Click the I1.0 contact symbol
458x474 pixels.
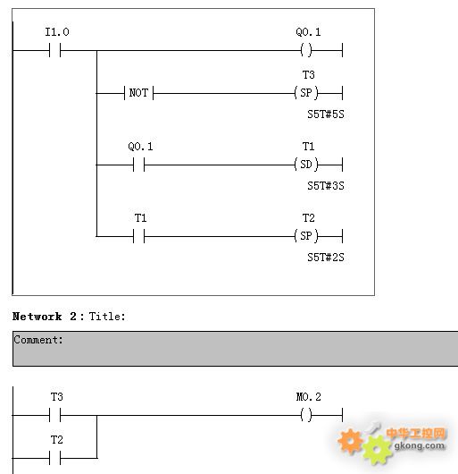[x=55, y=50]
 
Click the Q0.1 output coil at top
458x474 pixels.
[x=306, y=50]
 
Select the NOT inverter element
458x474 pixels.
[x=138, y=93]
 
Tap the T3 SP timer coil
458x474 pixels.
[x=306, y=92]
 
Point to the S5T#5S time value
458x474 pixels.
[x=326, y=114]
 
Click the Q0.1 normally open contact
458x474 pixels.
[x=138, y=165]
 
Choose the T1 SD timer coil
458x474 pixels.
[x=306, y=165]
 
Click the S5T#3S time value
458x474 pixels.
[x=326, y=186]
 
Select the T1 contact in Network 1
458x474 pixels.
[x=138, y=236]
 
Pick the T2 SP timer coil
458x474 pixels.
[x=306, y=235]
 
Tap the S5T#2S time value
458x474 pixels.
[x=326, y=258]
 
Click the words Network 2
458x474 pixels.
[x=45, y=317]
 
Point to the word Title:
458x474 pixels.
[x=107, y=317]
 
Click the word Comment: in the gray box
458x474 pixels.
[x=38, y=340]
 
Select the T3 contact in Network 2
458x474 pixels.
[x=55, y=415]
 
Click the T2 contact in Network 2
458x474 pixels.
[x=55, y=458]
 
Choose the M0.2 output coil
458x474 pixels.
[x=306, y=415]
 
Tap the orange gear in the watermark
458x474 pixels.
[x=350, y=441]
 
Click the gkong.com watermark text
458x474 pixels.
[x=420, y=445]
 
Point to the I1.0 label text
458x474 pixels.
[x=57, y=31]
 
